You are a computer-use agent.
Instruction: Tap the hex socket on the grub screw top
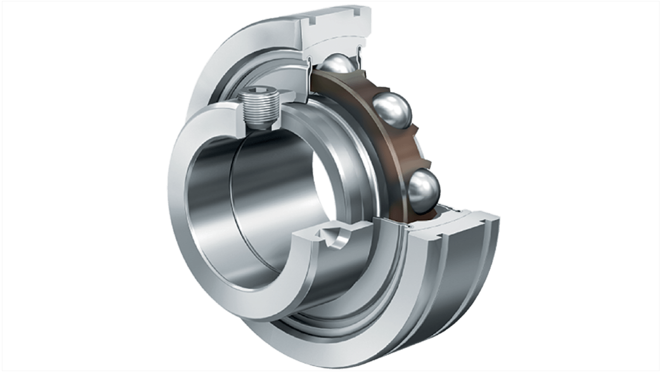(256, 93)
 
